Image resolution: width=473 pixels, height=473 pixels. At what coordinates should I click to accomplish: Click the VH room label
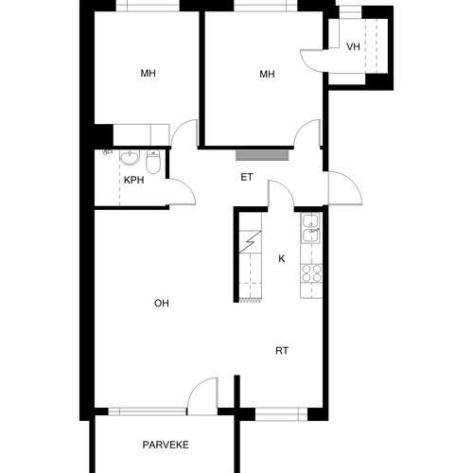point(353,47)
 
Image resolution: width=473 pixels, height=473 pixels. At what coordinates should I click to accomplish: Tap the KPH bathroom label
point(134,180)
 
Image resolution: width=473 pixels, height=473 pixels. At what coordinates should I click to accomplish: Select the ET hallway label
point(247,177)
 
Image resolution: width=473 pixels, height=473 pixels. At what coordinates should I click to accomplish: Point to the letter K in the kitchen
point(282,258)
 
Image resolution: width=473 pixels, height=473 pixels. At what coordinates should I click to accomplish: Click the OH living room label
point(162,304)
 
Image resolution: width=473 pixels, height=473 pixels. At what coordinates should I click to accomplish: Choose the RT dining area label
point(282,351)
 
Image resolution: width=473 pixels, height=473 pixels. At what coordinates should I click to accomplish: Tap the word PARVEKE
point(166,445)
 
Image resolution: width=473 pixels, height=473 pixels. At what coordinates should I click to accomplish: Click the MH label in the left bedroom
point(148,74)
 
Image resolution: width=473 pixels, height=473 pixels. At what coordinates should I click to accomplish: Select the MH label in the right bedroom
point(267,75)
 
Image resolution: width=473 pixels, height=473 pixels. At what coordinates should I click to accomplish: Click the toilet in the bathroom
point(153,162)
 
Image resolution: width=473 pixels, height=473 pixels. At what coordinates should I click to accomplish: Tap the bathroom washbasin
point(130,157)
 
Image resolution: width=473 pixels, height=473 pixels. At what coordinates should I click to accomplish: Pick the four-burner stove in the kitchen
point(311,273)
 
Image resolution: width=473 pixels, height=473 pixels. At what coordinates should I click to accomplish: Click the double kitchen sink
point(311,228)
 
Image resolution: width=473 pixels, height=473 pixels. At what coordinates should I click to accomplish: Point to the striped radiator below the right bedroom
point(262,155)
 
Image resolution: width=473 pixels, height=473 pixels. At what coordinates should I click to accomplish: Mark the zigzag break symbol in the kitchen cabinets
point(251,242)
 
